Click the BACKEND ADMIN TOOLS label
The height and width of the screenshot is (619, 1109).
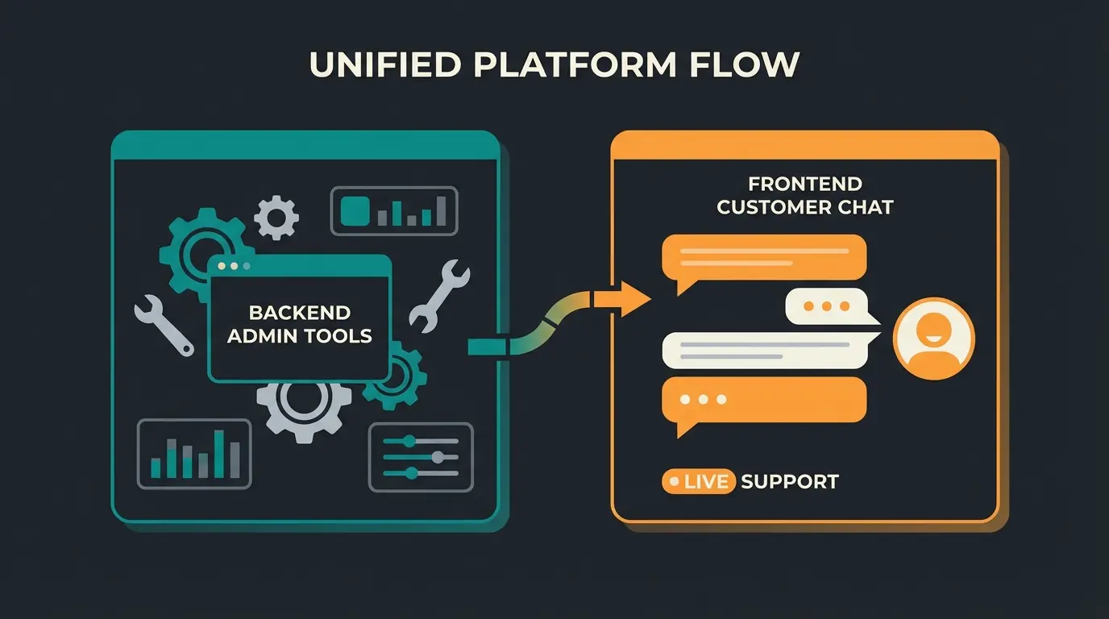(299, 323)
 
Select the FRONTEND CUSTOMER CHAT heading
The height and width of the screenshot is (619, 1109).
(804, 195)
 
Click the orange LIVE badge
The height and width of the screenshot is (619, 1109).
(698, 482)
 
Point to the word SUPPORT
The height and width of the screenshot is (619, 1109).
(789, 482)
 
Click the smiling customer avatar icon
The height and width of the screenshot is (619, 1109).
(934, 338)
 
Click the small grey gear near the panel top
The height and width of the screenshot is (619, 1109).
(276, 217)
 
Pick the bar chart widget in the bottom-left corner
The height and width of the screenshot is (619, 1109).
(194, 454)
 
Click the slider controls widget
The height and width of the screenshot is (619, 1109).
(420, 457)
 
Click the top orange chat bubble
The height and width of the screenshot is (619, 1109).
(763, 257)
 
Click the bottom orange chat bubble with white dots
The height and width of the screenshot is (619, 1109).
(763, 401)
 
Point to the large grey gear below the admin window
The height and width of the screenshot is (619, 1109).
(304, 407)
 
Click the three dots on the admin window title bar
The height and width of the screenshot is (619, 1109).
(234, 265)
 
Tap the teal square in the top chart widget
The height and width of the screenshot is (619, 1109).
(355, 211)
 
